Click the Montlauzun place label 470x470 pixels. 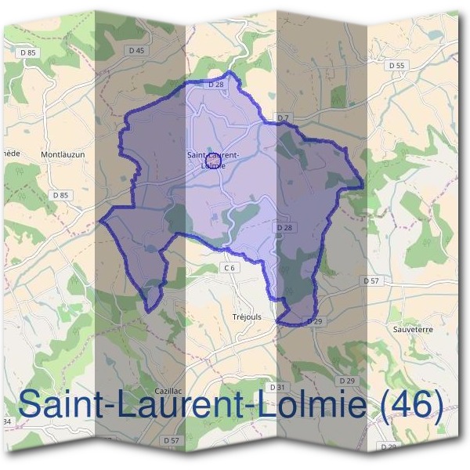pyautogui.click(x=62, y=155)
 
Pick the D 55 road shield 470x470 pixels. pyautogui.click(x=396, y=66)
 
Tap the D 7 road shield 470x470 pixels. pyautogui.click(x=284, y=117)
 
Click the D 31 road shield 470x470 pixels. pyautogui.click(x=276, y=387)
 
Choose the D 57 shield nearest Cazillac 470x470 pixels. pyautogui.click(x=172, y=441)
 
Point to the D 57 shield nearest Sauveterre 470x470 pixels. pyautogui.click(x=371, y=280)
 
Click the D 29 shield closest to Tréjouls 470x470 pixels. pyautogui.click(x=315, y=321)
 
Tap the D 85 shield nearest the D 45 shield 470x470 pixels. pyautogui.click(x=28, y=52)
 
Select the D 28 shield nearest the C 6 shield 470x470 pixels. pyautogui.click(x=283, y=227)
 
